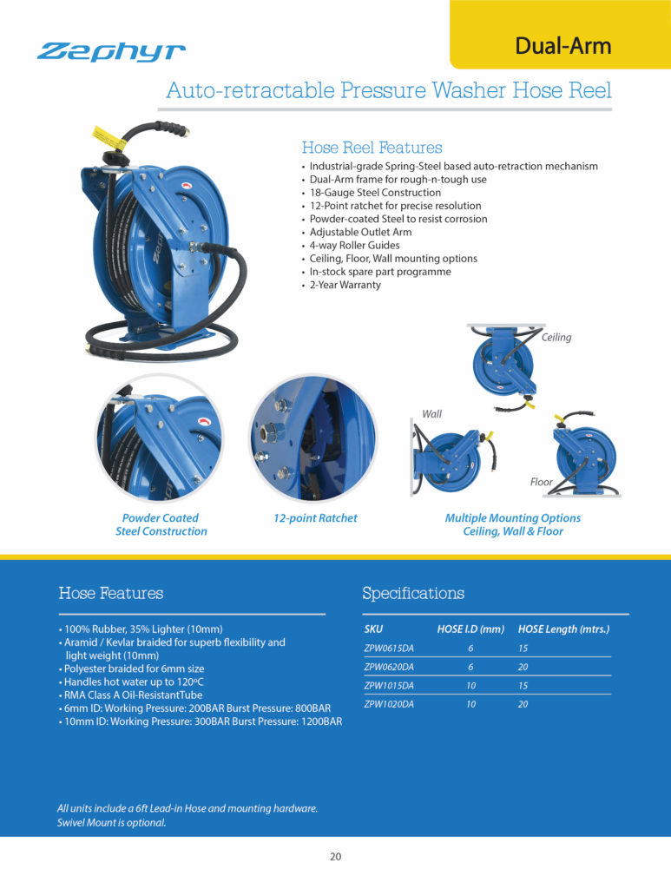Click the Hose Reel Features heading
(372, 148)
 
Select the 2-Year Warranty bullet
(345, 285)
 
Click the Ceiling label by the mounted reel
(556, 337)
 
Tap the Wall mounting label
(431, 414)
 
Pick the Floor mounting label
(541, 481)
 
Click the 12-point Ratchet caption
(315, 518)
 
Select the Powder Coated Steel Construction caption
(161, 524)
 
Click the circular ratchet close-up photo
(312, 439)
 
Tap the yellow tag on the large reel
(103, 135)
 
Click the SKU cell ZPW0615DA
(388, 648)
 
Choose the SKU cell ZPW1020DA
(388, 704)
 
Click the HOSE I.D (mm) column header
(470, 629)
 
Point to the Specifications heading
(412, 594)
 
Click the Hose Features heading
(110, 594)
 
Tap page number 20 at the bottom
(335, 857)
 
